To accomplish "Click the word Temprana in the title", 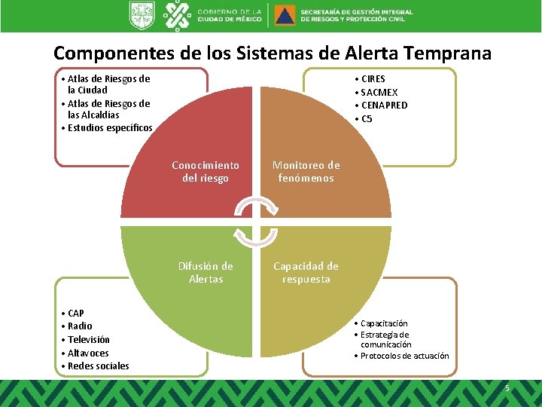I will pyautogui.click(x=447, y=54).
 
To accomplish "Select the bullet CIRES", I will pyautogui.click(x=373, y=78).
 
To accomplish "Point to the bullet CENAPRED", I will pyautogui.click(x=384, y=106).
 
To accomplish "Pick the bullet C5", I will pyautogui.click(x=367, y=119).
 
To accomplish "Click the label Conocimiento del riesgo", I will pyautogui.click(x=206, y=172).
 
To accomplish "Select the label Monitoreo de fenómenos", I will pyautogui.click(x=306, y=172).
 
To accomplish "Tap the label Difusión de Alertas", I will pyautogui.click(x=206, y=273).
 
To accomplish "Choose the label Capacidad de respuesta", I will pyautogui.click(x=306, y=273).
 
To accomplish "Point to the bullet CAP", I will pyautogui.click(x=75, y=313).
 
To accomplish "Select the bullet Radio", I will pyautogui.click(x=80, y=326).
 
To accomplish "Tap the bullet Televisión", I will pyautogui.click(x=88, y=339).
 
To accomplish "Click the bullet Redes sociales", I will pyautogui.click(x=98, y=366).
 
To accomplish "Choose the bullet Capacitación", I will pyautogui.click(x=384, y=323).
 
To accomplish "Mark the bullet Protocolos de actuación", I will pyautogui.click(x=404, y=356).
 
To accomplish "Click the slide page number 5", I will pyautogui.click(x=507, y=388).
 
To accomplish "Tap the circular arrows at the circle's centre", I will pyautogui.click(x=256, y=222).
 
